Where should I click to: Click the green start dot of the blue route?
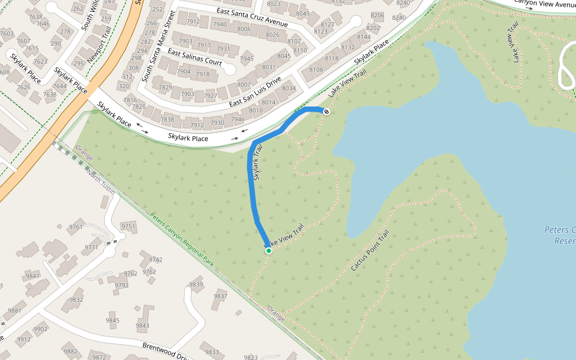pos(269,251)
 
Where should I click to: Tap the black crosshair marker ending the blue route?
pos(326,112)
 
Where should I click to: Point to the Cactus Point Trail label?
pos(370,250)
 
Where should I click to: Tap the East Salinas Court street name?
pos(194,58)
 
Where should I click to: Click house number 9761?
pos(76,227)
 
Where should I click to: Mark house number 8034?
pos(289,89)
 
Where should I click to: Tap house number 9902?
pos(41,329)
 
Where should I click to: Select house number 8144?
pos(364,37)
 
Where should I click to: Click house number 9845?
pos(112,320)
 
